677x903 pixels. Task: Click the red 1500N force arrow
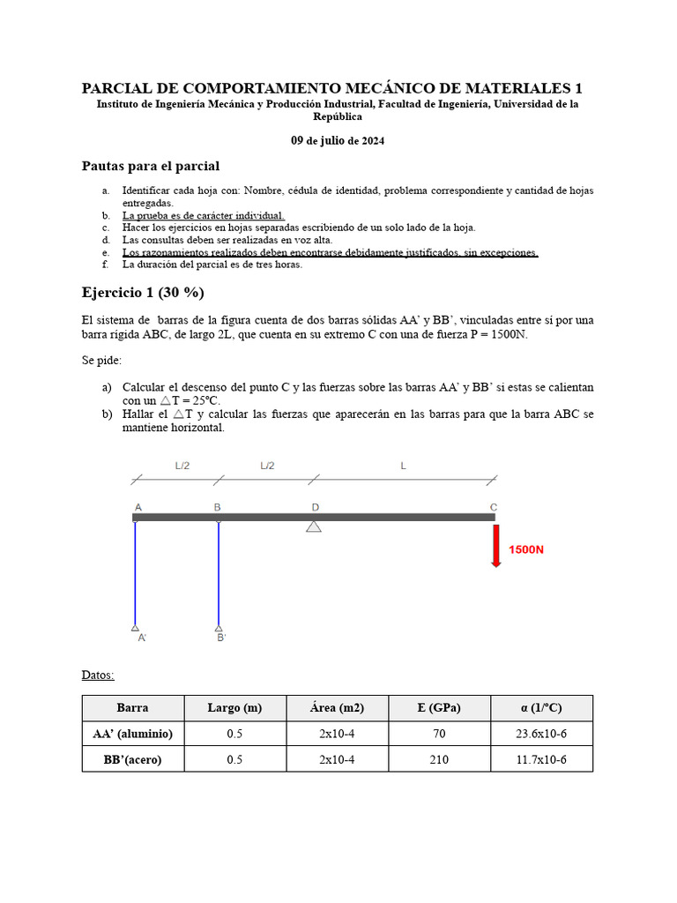coord(496,546)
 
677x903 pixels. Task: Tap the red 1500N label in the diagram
coord(526,549)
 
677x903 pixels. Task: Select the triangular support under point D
coord(314,526)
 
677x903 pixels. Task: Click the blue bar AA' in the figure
coord(135,573)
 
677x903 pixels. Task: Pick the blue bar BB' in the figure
coord(219,573)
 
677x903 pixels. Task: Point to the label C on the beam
coord(494,507)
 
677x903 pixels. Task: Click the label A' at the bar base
coord(142,638)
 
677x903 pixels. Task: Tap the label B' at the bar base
coord(222,638)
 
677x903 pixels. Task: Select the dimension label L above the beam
coord(403,466)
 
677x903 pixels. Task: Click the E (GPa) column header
coord(439,707)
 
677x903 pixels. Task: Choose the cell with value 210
coord(439,759)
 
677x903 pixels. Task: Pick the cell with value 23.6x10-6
coord(541,734)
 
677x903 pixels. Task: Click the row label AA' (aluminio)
coord(133,734)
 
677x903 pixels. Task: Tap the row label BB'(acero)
coord(133,759)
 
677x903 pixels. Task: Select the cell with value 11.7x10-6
coord(541,759)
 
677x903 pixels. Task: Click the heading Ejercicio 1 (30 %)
coord(143,293)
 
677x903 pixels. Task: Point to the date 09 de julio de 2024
coord(338,141)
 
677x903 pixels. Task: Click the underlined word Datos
coord(98,675)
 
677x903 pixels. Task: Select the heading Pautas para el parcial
coord(151,166)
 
